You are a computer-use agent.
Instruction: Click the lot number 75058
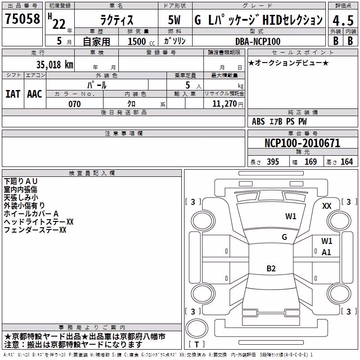(22, 18)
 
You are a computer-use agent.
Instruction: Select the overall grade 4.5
(343, 20)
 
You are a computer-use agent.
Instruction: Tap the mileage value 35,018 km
(54, 65)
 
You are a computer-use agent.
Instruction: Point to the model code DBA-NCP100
(258, 41)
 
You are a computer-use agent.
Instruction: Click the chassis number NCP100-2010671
(302, 143)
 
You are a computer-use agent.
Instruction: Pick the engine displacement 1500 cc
(141, 41)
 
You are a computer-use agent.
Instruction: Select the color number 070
(75, 104)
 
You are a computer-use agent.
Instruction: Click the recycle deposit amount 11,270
(225, 104)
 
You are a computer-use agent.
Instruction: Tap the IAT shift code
(13, 94)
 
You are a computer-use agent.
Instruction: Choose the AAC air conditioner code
(35, 94)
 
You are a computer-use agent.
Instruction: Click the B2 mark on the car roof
(271, 268)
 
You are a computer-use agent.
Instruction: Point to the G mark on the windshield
(284, 237)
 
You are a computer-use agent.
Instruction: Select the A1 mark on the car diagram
(326, 252)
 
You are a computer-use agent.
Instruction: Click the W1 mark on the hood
(291, 216)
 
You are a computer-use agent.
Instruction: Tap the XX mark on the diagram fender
(327, 206)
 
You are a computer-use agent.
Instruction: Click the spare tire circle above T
(197, 328)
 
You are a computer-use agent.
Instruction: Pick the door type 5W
(174, 20)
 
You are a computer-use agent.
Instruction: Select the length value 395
(273, 162)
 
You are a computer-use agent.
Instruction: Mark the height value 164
(346, 162)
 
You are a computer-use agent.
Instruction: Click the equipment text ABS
(258, 121)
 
